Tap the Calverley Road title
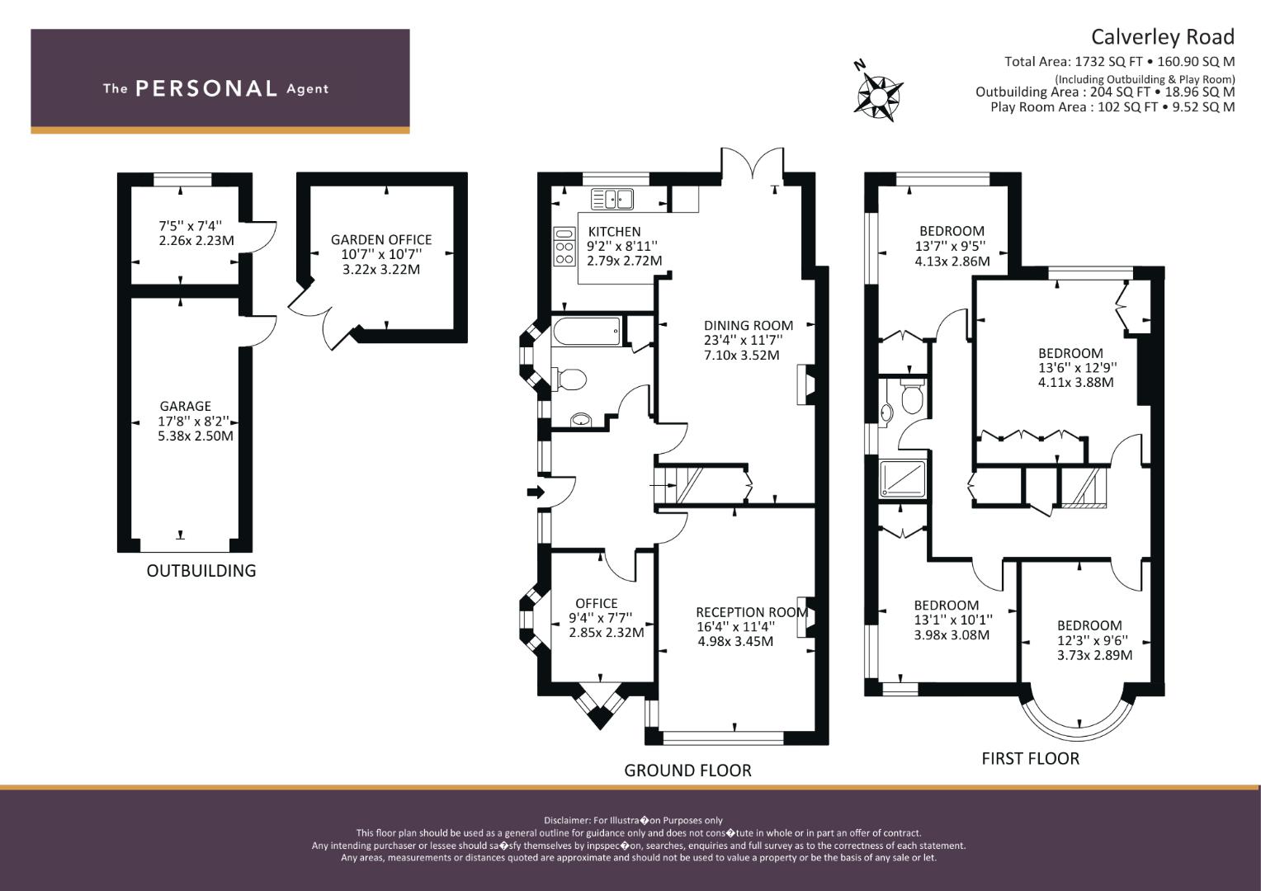1163,37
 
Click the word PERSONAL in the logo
206,88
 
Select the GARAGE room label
185,406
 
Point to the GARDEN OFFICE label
381,240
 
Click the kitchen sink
612,200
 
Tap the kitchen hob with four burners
564,246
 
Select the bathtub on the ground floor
587,331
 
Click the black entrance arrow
536,492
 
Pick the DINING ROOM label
749,325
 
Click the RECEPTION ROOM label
752,612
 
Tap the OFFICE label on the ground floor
596,603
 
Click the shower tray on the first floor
902,479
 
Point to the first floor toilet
912,396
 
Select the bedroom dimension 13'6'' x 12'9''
1078,368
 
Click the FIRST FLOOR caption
1030,759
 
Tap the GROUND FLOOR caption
687,771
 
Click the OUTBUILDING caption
201,571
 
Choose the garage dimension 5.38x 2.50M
196,436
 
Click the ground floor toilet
569,379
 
